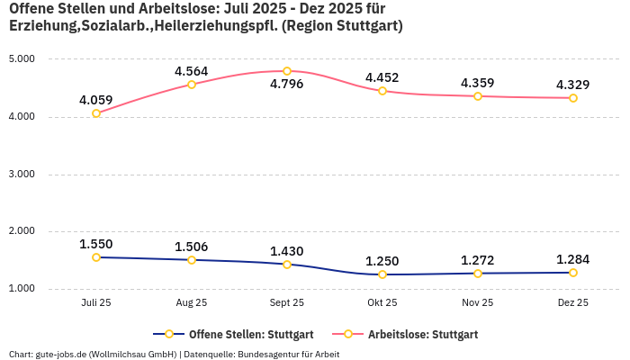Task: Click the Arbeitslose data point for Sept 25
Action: pos(287,71)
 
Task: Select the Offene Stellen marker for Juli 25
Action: pos(96,257)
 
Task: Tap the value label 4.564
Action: pos(192,71)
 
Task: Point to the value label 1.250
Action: pos(382,260)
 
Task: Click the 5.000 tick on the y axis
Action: pos(21,59)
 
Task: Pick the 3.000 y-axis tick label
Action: pos(21,175)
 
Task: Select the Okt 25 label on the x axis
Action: pos(382,303)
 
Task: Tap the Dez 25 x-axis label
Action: pos(573,303)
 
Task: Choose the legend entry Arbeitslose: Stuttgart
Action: pos(423,334)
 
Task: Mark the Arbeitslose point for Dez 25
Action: pos(573,98)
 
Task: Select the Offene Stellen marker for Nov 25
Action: pos(478,274)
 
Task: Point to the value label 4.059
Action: pos(96,100)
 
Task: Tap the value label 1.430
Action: pos(287,251)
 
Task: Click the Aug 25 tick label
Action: pos(192,303)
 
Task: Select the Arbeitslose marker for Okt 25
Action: pos(382,91)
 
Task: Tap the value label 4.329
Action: pos(573,85)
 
